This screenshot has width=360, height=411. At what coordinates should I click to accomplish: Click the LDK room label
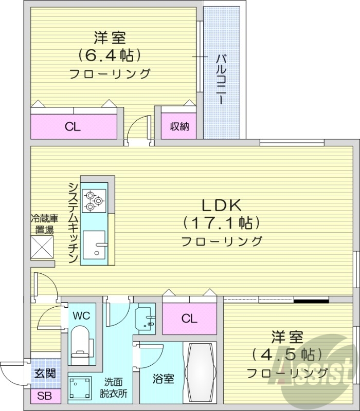(221, 206)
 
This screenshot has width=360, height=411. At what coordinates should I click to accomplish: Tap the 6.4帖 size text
(110, 54)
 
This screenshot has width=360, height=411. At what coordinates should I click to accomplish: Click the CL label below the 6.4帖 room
(73, 127)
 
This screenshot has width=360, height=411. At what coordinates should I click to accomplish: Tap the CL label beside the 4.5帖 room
(189, 319)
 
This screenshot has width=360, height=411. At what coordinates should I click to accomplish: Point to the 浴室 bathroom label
(164, 379)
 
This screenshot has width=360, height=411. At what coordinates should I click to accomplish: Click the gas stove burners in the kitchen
(94, 200)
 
